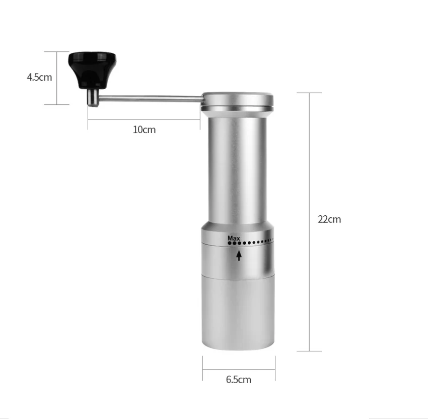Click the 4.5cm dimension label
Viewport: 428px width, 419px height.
point(39,77)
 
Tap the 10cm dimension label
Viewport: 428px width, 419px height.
point(144,130)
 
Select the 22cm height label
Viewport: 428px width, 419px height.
point(329,219)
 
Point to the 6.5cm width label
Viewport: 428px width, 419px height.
point(239,379)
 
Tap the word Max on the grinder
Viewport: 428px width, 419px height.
point(234,237)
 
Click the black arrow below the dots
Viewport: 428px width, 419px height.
point(239,256)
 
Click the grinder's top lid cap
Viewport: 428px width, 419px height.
point(238,99)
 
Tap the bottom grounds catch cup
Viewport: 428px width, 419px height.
point(238,313)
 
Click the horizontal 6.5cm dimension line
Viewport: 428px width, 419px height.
point(239,369)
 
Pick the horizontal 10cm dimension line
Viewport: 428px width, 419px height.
point(144,119)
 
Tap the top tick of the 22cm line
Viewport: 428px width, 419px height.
point(308,93)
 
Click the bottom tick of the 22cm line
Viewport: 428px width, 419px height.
point(308,351)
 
